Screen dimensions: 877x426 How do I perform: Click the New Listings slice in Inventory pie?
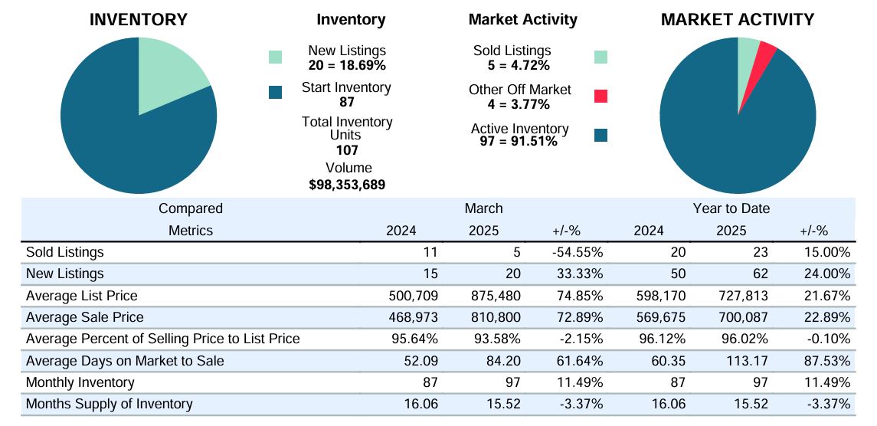[x=165, y=74]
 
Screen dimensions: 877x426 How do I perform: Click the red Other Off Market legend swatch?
[x=600, y=97]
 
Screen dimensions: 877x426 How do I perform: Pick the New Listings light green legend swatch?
[x=275, y=57]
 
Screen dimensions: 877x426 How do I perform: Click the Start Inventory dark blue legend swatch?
[x=275, y=93]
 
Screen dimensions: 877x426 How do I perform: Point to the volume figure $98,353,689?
[x=347, y=185]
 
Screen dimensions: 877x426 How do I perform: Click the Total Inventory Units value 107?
[x=347, y=150]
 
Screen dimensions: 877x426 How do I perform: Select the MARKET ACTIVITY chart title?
[x=738, y=20]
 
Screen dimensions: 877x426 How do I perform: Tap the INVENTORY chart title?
[x=139, y=20]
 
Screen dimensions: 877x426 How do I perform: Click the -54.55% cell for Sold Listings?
[x=578, y=253]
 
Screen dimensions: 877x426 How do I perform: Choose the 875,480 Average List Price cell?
[x=496, y=296]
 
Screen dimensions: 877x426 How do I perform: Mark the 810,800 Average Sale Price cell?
[x=496, y=317]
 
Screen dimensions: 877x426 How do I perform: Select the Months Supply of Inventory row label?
[x=109, y=404]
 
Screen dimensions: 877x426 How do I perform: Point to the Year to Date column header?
[x=731, y=209]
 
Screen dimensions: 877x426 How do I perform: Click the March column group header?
[x=484, y=209]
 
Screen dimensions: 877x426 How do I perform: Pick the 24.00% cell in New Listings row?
[x=826, y=274]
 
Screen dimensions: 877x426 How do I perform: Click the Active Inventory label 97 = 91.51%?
[x=519, y=142]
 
